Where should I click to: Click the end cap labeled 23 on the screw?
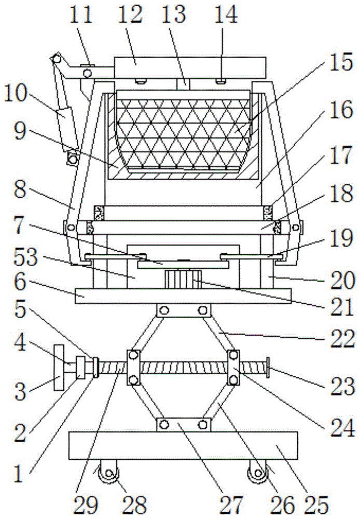[269, 369]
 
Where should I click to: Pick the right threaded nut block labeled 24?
[233, 368]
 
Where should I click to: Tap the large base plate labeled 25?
[183, 445]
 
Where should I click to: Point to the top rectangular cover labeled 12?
[189, 67]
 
